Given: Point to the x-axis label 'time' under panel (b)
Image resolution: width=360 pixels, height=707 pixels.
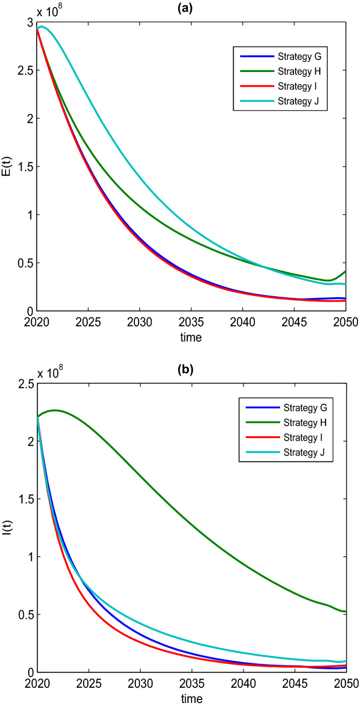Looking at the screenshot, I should pyautogui.click(x=191, y=698).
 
